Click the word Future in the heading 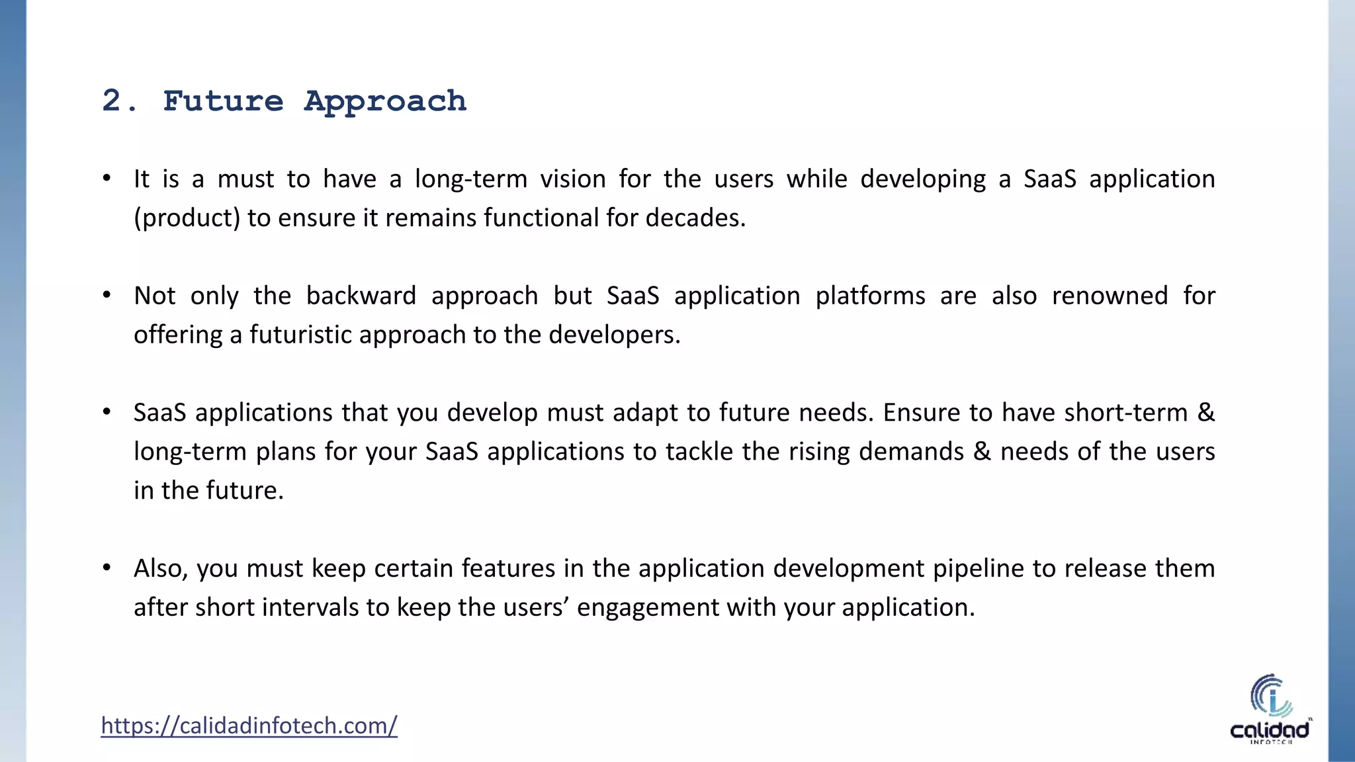coord(223,101)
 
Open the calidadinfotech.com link coord(249,726)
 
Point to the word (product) coord(187,218)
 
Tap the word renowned coord(1110,296)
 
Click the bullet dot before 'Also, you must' coord(107,568)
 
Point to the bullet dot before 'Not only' coord(107,295)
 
